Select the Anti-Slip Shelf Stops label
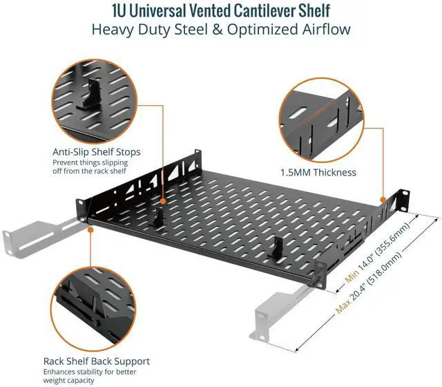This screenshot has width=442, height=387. [97, 152]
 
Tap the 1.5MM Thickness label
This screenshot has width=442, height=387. [318, 172]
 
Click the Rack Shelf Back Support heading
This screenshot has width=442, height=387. [97, 361]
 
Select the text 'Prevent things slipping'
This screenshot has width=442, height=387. [91, 162]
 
